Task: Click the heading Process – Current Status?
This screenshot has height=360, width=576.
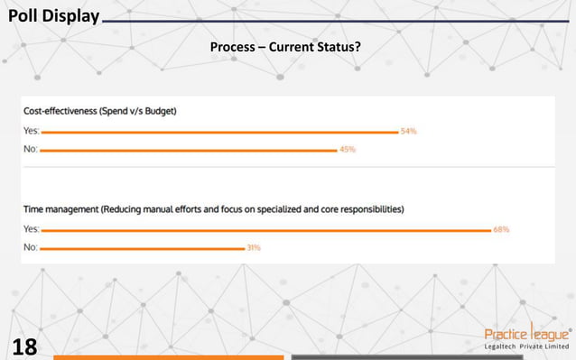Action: point(285,45)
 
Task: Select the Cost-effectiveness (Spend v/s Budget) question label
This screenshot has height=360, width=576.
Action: point(99,112)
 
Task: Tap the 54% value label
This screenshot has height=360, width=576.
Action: point(409,132)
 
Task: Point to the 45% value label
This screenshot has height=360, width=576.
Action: point(348,150)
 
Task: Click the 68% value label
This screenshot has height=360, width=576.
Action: point(501,230)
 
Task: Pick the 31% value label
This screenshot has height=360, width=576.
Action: point(254,247)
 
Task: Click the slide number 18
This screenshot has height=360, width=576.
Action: point(25,345)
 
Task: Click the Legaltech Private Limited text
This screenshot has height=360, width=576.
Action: point(527,346)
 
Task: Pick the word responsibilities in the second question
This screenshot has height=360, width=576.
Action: point(366,209)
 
